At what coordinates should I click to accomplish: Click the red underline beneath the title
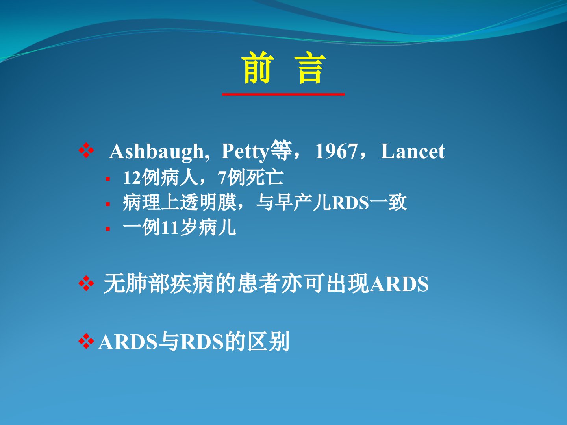click(283, 94)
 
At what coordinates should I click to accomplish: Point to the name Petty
click(245, 152)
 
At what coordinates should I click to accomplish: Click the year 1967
click(336, 152)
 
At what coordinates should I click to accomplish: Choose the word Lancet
click(413, 152)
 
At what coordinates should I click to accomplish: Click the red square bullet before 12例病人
click(108, 179)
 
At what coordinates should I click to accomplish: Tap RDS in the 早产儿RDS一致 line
click(350, 203)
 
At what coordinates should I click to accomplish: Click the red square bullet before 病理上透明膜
click(108, 204)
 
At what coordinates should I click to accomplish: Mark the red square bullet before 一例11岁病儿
click(108, 229)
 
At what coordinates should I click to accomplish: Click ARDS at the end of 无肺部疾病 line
click(399, 284)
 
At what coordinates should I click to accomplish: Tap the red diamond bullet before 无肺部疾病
click(86, 283)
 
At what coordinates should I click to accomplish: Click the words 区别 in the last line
click(269, 342)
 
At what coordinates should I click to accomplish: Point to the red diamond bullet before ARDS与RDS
click(86, 341)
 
